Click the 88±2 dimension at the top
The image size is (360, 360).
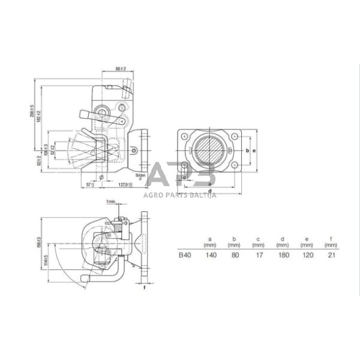coord(121,69)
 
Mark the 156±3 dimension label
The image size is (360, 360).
coord(39,242)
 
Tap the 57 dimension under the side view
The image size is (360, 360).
coord(89,184)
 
